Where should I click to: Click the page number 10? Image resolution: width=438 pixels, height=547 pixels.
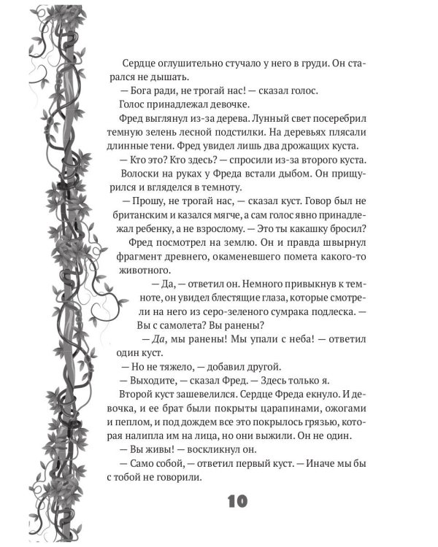(238, 501)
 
